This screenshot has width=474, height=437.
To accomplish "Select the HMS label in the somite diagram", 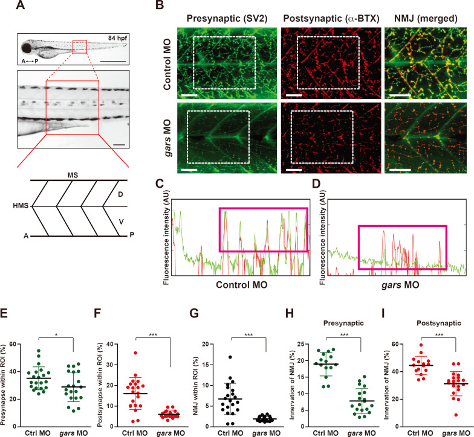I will pos(20,206).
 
